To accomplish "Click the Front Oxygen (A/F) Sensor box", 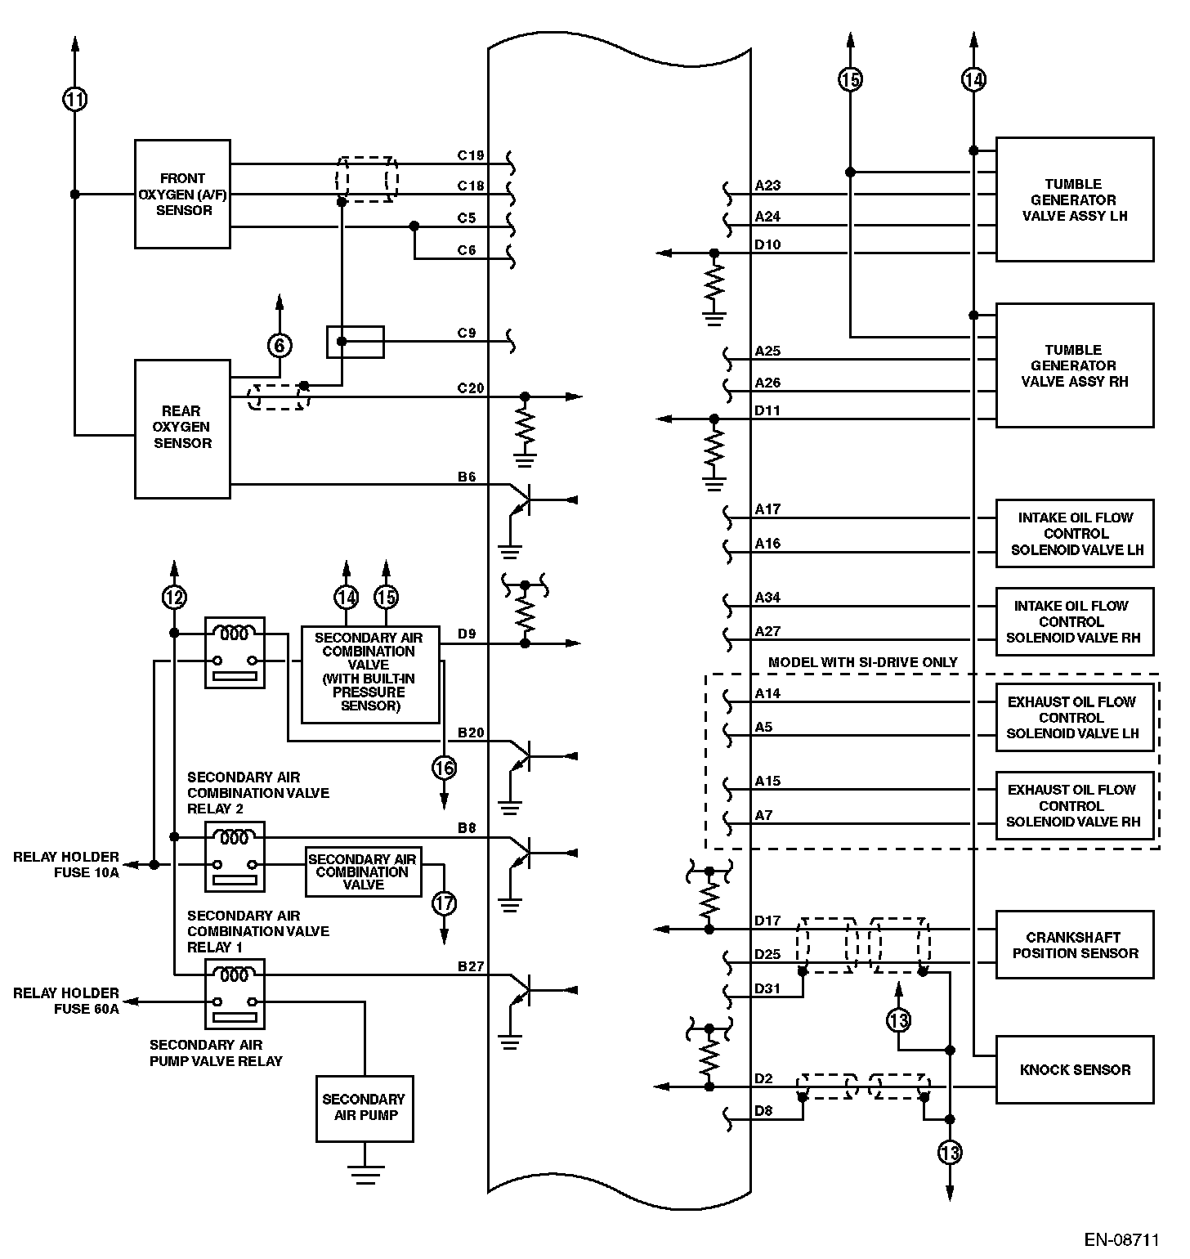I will (182, 194).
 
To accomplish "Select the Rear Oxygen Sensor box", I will (182, 428).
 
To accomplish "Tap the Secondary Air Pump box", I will (364, 1108).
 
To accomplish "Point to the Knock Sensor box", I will (1075, 1069).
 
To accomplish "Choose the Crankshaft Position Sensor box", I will (1075, 945).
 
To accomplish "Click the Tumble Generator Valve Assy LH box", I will (1075, 199).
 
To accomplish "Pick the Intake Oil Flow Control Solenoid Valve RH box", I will (1075, 621).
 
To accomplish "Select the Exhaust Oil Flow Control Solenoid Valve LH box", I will (1075, 717).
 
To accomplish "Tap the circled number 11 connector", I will (75, 100).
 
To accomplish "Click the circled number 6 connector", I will (280, 346).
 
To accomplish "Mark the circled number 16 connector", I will (445, 768).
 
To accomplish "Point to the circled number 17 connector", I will (445, 903).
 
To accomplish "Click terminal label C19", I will (471, 155).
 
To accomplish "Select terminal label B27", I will (471, 966).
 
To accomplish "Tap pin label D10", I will (767, 244).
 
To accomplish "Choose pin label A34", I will (767, 598).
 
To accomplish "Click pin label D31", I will (767, 988).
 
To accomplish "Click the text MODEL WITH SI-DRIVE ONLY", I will (862, 662).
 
